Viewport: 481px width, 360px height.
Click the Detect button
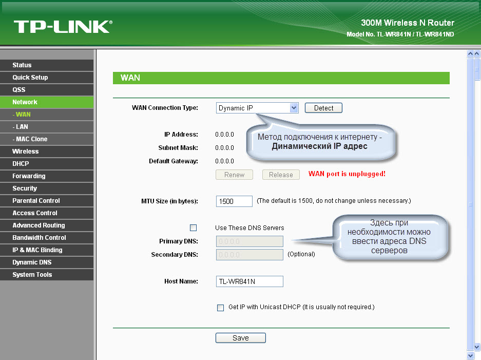pos(323,108)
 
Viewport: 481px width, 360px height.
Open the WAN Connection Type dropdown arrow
pos(294,108)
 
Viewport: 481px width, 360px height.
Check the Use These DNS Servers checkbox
pos(193,228)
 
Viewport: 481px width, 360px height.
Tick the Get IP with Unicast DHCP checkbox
pos(220,308)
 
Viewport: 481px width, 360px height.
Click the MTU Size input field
pos(234,201)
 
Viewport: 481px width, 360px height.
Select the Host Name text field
pos(249,281)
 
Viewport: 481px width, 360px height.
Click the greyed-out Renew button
pos(234,175)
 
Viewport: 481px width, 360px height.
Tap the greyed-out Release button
pos(281,175)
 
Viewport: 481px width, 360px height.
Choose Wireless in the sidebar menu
pos(47,151)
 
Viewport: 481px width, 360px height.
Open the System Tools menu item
pos(47,275)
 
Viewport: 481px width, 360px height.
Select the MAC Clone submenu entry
pos(47,139)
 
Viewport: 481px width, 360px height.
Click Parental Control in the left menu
pos(47,201)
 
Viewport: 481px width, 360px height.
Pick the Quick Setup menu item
pos(47,78)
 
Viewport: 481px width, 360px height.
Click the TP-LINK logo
pos(63,27)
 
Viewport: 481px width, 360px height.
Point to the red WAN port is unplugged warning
pos(347,174)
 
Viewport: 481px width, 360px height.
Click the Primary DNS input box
pos(249,241)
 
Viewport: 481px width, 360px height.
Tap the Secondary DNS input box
pos(249,255)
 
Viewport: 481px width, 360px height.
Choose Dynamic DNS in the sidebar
pos(47,262)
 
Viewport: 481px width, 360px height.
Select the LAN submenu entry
pos(47,127)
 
